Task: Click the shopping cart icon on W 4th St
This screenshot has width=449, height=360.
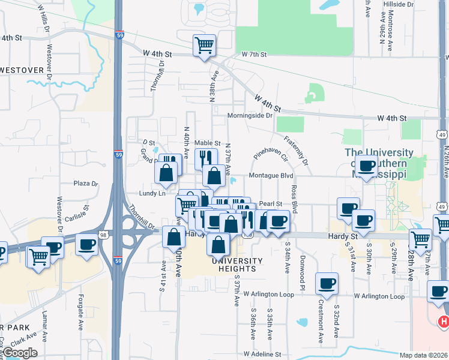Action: [204, 44]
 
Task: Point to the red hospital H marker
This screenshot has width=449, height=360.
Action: [444, 322]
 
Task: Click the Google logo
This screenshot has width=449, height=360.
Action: [19, 353]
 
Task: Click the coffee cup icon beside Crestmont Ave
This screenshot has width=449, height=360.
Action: [327, 283]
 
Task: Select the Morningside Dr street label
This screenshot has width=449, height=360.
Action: [250, 115]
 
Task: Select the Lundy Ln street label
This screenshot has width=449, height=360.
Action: [152, 193]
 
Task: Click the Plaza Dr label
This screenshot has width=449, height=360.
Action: [85, 183]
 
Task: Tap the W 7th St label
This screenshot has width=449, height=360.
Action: [254, 55]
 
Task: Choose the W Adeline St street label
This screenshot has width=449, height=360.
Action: [262, 355]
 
